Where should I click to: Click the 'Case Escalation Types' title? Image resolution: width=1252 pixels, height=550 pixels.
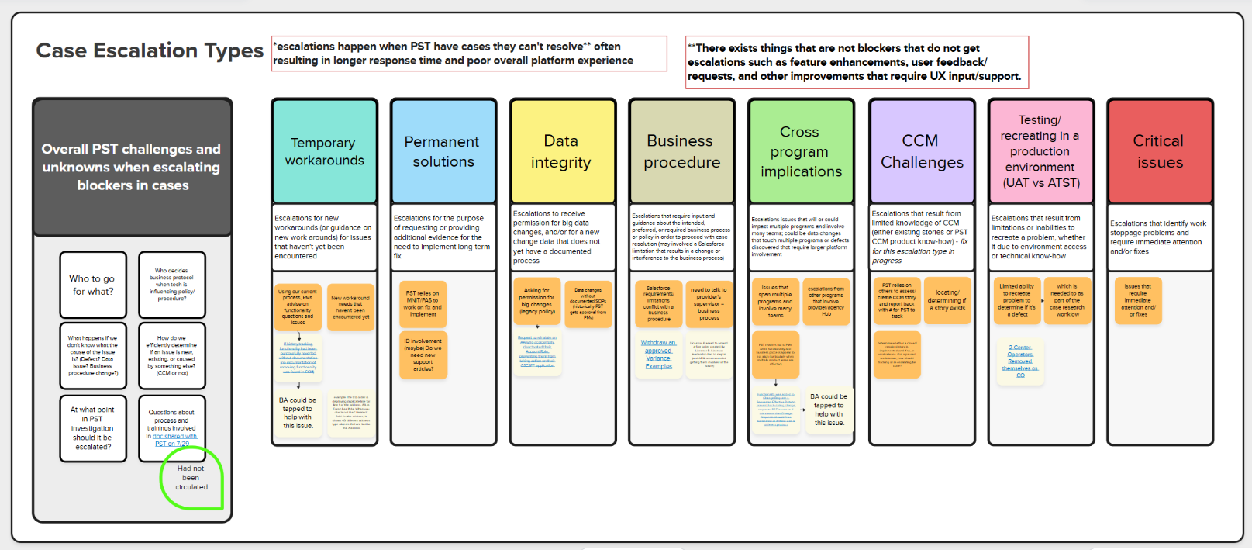[150, 51]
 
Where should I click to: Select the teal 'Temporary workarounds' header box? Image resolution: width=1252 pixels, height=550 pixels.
[324, 151]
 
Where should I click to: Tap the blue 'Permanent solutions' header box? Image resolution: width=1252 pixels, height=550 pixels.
[443, 151]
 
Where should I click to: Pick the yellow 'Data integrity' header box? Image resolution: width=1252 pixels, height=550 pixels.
[561, 151]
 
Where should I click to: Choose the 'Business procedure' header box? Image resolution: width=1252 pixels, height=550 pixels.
[681, 151]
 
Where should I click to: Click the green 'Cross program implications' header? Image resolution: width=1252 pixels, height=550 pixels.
[801, 151]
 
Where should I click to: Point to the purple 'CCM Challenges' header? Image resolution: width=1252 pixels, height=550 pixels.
[921, 151]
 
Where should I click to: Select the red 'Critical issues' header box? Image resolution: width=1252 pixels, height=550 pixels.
[1160, 151]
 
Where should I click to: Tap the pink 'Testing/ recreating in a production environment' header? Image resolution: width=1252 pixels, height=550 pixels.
[1040, 151]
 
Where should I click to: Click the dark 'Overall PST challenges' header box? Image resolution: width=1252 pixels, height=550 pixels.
[132, 167]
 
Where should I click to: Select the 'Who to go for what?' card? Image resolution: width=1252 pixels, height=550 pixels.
[92, 285]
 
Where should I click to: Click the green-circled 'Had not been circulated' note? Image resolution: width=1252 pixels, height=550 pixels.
[191, 478]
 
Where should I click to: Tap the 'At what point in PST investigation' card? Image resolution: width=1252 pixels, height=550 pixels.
[92, 428]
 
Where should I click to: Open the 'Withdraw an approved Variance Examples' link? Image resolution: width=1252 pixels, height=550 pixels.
[658, 354]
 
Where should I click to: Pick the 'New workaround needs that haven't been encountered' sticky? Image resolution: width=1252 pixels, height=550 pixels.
[350, 307]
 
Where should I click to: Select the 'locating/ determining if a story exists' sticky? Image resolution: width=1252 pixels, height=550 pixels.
[947, 300]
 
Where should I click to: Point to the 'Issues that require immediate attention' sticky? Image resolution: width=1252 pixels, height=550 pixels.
[1137, 300]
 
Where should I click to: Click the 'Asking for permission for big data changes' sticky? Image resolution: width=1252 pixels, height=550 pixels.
[536, 301]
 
